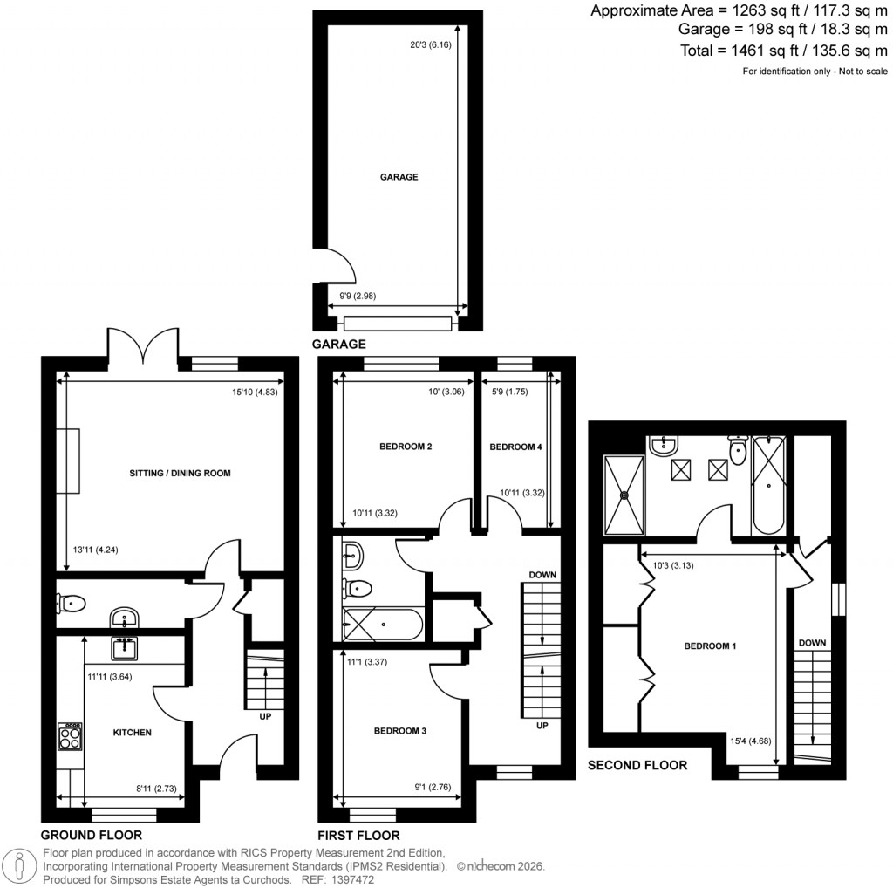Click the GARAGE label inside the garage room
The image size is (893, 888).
point(399,177)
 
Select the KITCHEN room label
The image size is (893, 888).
point(132,733)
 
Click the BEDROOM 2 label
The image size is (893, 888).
point(406,447)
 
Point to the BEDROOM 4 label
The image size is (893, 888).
point(515,447)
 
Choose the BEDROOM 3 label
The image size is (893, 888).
point(399,731)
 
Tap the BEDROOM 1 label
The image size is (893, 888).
point(710,646)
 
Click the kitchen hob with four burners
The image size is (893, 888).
point(70,737)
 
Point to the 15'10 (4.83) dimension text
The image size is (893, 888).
point(255,392)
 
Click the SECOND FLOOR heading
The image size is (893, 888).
point(637,765)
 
